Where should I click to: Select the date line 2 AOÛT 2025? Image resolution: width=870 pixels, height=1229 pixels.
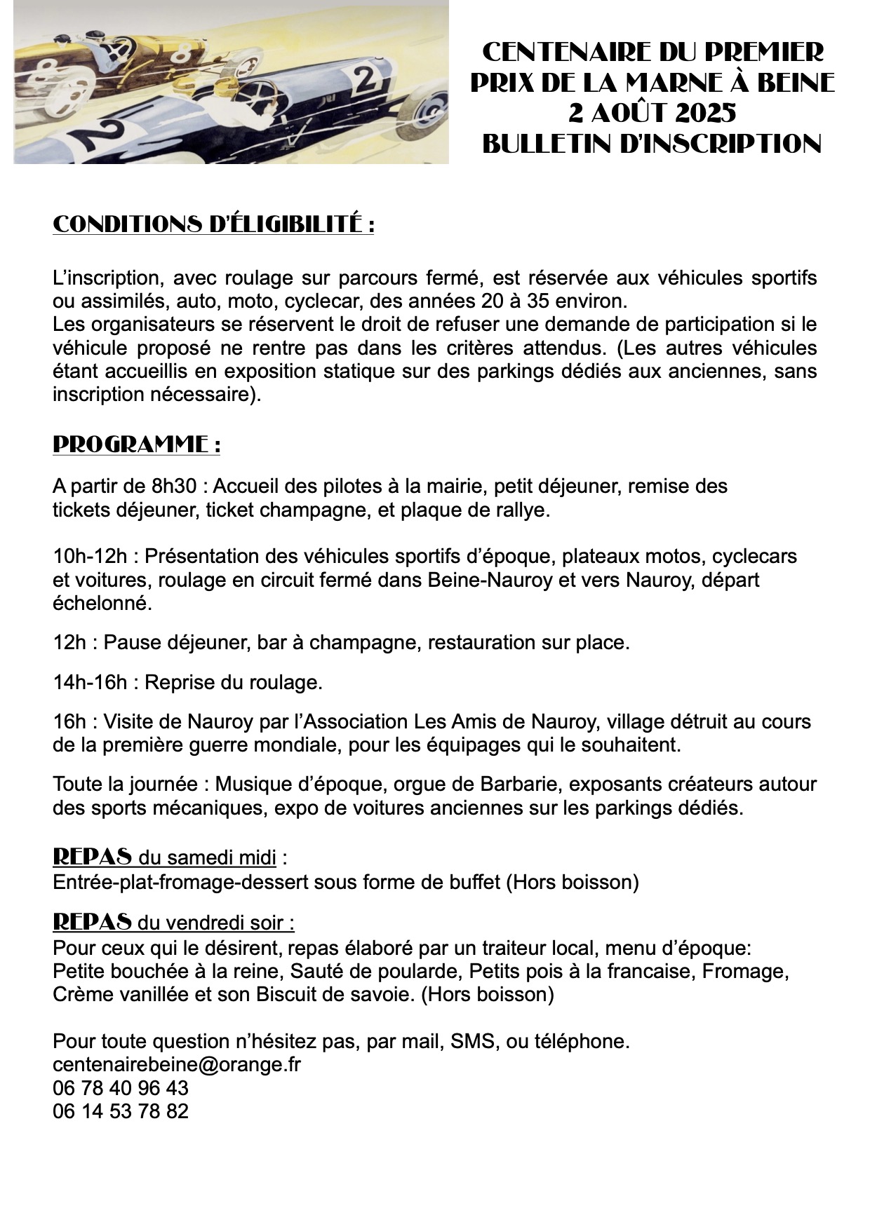[652, 113]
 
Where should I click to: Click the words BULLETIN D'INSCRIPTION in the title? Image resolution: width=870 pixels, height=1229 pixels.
[652, 144]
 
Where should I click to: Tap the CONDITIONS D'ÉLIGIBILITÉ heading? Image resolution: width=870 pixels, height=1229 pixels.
[213, 225]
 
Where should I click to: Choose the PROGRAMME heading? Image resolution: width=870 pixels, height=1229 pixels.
[136, 444]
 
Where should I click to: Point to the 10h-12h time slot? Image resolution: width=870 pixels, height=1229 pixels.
[90, 557]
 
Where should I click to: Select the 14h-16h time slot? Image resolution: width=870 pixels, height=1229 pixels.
[90, 682]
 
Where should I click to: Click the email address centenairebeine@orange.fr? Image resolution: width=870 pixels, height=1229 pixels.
[177, 1064]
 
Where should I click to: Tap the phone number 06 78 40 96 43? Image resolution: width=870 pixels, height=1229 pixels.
[121, 1088]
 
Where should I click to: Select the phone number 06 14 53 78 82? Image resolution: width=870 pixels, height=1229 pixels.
[121, 1111]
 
